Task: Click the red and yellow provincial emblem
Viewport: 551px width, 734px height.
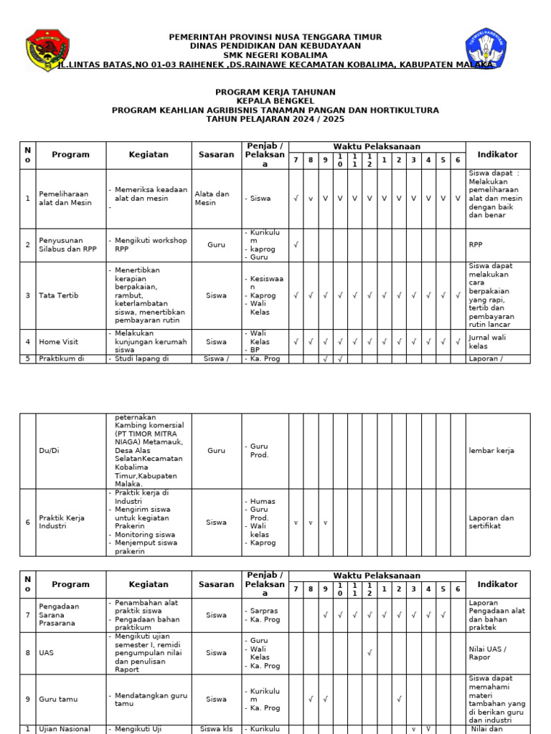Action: (x=47, y=50)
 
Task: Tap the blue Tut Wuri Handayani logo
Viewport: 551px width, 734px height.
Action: (x=486, y=48)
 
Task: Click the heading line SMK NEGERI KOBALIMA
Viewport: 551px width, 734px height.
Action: (x=275, y=55)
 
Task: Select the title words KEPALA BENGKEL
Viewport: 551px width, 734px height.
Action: (x=275, y=102)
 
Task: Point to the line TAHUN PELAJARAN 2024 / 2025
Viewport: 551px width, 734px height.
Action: (x=275, y=120)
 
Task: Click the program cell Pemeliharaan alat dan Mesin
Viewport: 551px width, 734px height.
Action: (x=65, y=199)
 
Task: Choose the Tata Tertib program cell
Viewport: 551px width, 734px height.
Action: (x=59, y=295)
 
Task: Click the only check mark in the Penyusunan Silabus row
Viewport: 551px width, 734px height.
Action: (x=296, y=244)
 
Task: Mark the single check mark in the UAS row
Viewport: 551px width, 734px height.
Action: (x=369, y=652)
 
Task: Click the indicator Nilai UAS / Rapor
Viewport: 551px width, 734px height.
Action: (x=489, y=652)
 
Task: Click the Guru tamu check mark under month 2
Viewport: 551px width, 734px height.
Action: (x=399, y=699)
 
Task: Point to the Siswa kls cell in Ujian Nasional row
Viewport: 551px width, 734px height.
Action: (x=216, y=729)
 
